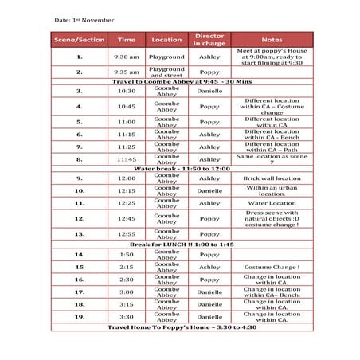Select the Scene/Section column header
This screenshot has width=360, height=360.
pos(79,39)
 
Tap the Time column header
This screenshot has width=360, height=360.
pos(127,39)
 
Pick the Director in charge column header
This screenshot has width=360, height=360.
pos(209,39)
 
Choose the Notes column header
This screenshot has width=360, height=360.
pos(272,39)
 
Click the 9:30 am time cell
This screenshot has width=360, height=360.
pos(127,57)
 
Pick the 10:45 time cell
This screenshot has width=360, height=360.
pos(127,106)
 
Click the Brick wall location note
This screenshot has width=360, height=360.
pos(272,178)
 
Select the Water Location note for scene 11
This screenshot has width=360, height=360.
pos(272,203)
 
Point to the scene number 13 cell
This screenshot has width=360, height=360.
pos(79,234)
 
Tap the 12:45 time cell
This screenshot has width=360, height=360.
pos(127,218)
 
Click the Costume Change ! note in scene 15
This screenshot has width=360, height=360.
pos(272,267)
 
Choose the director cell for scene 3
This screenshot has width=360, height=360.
pos(209,91)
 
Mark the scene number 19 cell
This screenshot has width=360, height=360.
pos(79,317)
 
